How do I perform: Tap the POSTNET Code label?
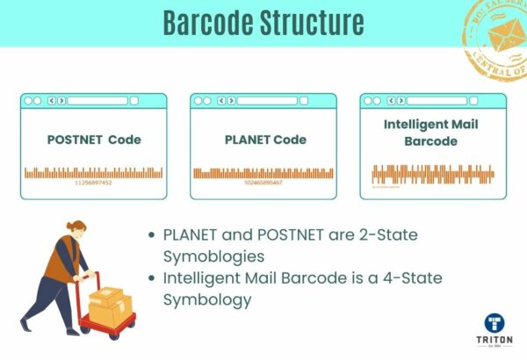[x=93, y=140]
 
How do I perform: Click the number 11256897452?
[x=93, y=183]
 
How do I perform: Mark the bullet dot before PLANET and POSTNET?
[x=154, y=235]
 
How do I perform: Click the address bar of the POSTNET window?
[x=97, y=100]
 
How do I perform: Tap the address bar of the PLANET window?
[x=267, y=100]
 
